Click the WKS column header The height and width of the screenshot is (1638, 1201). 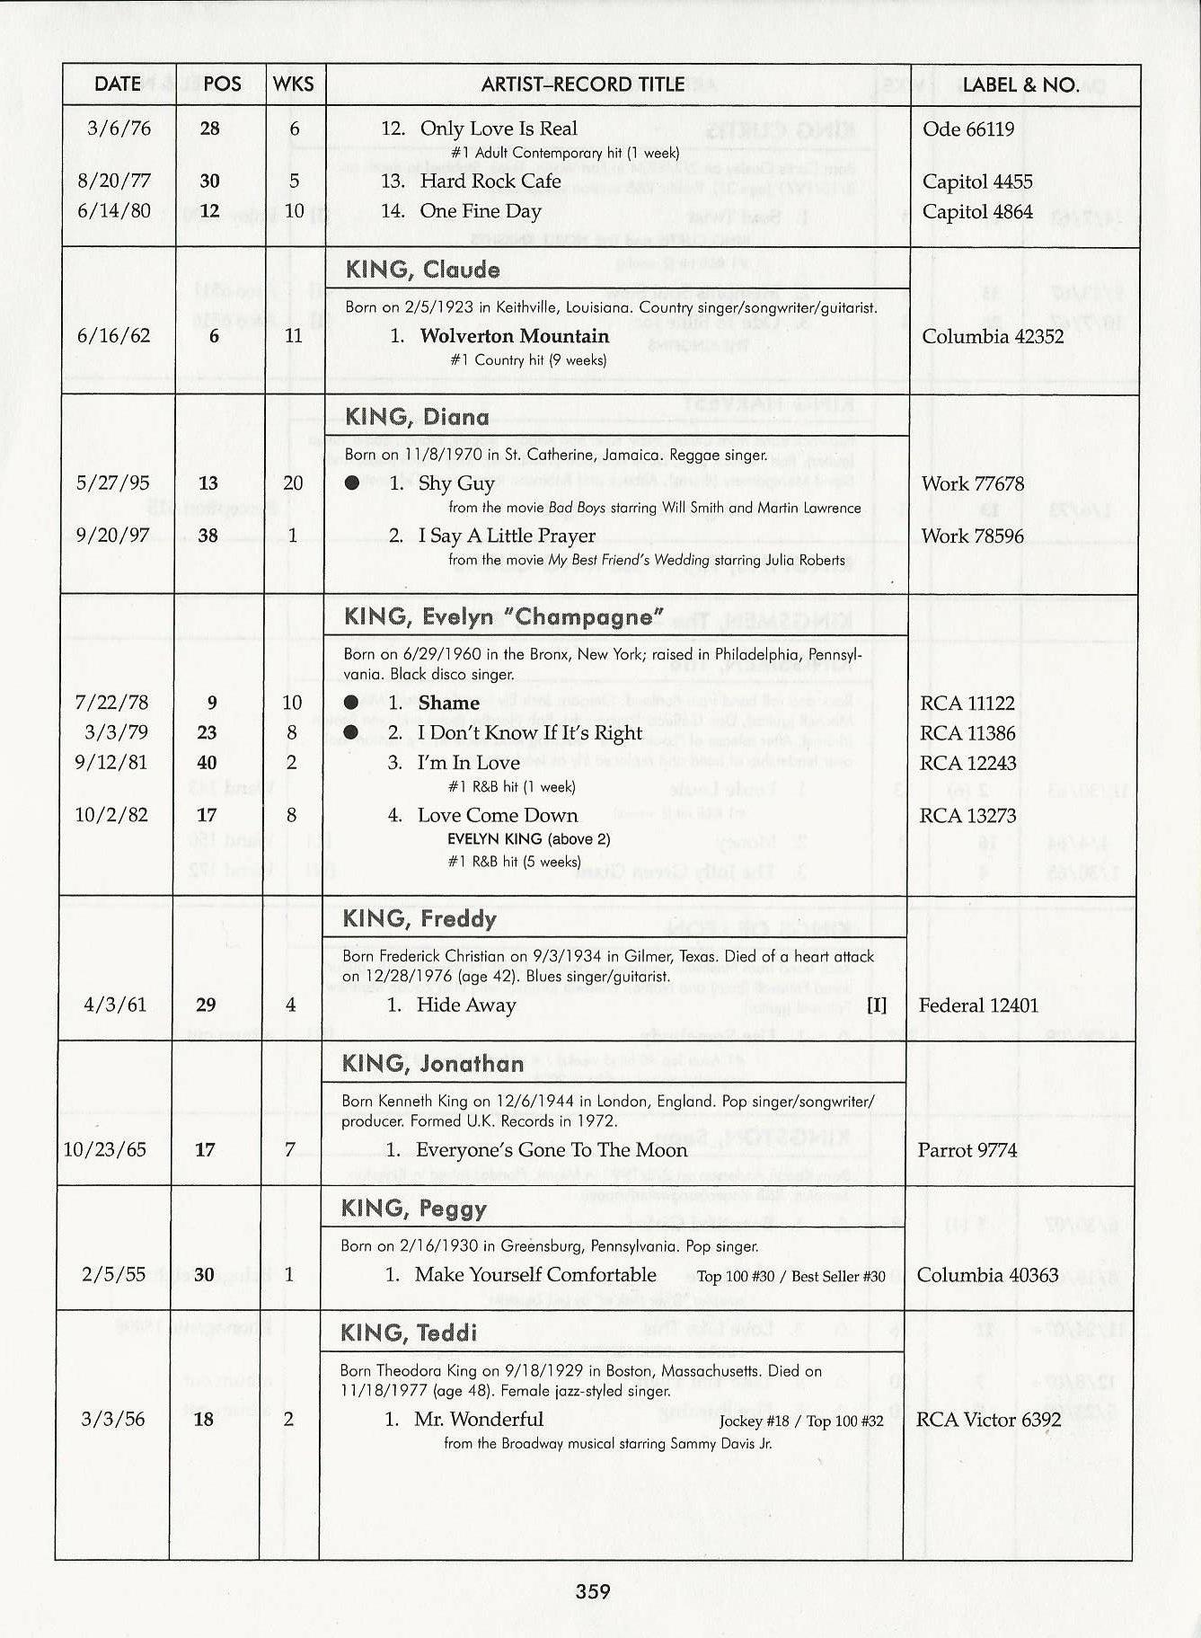[x=294, y=84]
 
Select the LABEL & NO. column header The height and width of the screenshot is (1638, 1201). [x=1020, y=85]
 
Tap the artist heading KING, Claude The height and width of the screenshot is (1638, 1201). [x=422, y=270]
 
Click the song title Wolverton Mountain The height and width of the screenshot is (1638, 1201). [x=514, y=336]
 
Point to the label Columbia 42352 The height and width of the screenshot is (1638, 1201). [x=993, y=337]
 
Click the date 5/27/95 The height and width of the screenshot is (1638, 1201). [x=113, y=483]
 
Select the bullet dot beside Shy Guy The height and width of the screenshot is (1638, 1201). [x=352, y=483]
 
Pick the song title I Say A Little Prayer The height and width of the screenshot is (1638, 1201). [x=506, y=536]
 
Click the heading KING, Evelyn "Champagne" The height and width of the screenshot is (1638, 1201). [x=503, y=617]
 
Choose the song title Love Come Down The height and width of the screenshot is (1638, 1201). [x=498, y=816]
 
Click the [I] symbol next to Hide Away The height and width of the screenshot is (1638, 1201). [x=876, y=1005]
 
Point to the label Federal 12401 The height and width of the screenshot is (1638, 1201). [x=977, y=1005]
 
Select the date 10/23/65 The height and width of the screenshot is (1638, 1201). [x=104, y=1149]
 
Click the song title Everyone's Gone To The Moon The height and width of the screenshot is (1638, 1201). [x=551, y=1150]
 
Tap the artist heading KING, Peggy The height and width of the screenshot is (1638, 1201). [x=414, y=1209]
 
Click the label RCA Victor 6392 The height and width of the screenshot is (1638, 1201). [x=988, y=1420]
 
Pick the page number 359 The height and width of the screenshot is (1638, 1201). [x=593, y=1591]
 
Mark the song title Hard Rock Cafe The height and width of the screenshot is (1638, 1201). [x=490, y=182]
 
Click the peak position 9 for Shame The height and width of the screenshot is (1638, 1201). [x=212, y=703]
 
